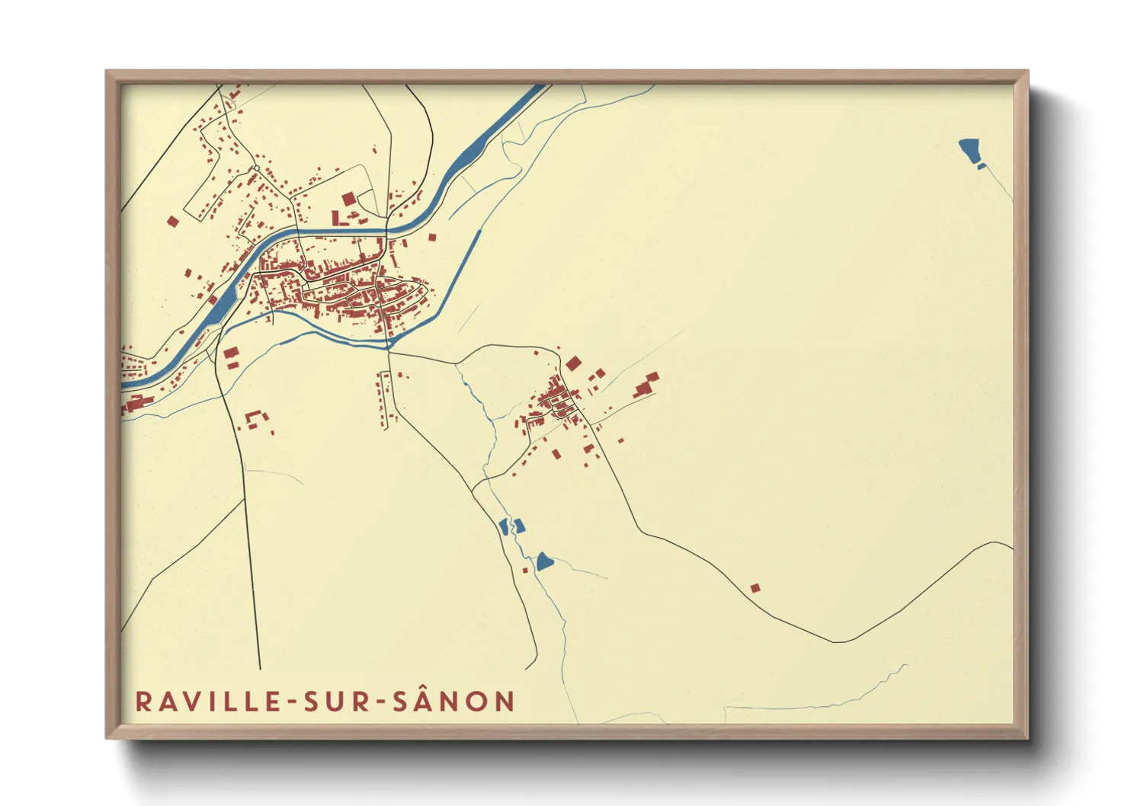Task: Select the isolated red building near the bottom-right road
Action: (x=755, y=587)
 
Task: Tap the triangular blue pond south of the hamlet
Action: (x=543, y=562)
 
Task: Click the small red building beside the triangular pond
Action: (x=525, y=570)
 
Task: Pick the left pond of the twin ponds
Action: (x=504, y=526)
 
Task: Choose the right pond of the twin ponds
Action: (x=520, y=525)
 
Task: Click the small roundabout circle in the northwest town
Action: (x=257, y=168)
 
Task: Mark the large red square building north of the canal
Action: (x=348, y=200)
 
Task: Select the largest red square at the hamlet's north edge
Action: (x=573, y=363)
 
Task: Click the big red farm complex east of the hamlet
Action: (x=646, y=386)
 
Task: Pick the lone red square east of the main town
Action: (x=431, y=237)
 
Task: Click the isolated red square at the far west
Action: (x=172, y=222)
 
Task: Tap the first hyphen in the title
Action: (x=293, y=702)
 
